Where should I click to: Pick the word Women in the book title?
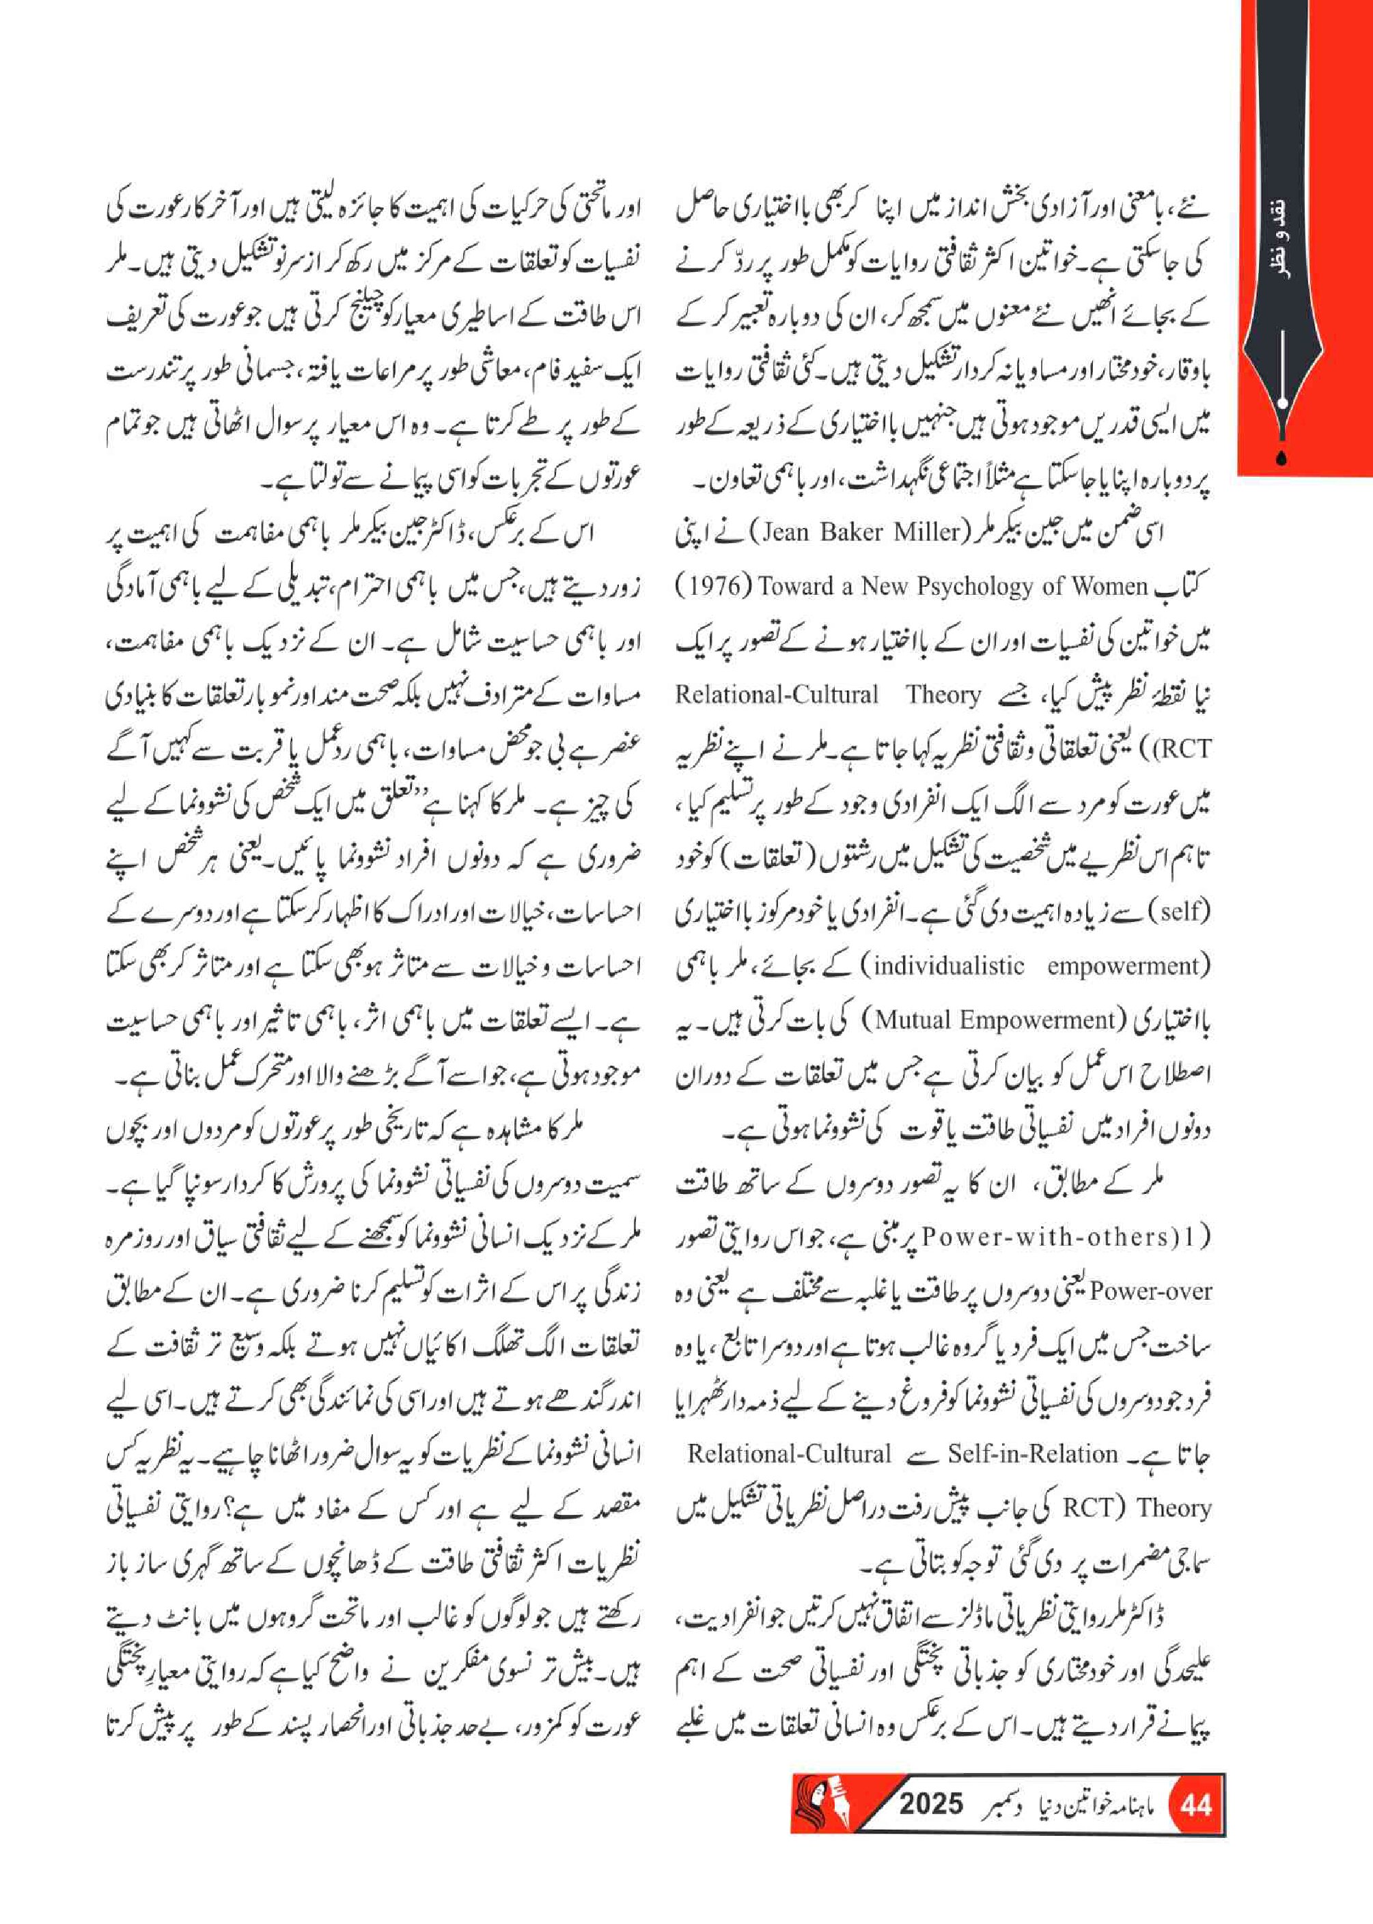[1107, 587]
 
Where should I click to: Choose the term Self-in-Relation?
[1032, 1453]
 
